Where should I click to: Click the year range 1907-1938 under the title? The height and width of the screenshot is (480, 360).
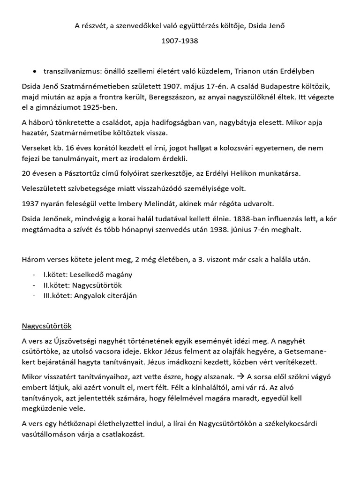click(x=180, y=41)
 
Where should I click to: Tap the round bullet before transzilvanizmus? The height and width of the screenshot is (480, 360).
click(x=35, y=71)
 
